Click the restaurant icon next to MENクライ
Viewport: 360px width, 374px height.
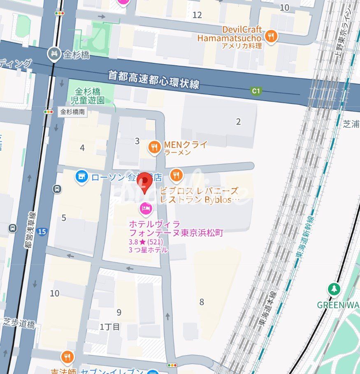pyautogui.click(x=154, y=147)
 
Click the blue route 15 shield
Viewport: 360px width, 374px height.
pyautogui.click(x=42, y=232)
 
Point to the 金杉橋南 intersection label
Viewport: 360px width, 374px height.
pyautogui.click(x=72, y=111)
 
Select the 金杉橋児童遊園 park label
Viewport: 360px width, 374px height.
pyautogui.click(x=87, y=96)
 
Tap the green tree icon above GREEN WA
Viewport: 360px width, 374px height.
pyautogui.click(x=334, y=290)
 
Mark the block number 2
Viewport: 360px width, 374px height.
pyautogui.click(x=238, y=122)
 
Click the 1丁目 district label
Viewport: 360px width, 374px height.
pyautogui.click(x=110, y=327)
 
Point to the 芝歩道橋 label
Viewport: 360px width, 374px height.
pyautogui.click(x=19, y=323)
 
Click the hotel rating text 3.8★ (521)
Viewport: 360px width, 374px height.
pyautogui.click(x=145, y=242)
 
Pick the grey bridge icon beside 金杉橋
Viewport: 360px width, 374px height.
pyautogui.click(x=54, y=54)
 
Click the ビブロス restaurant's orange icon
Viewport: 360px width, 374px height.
pyautogui.click(x=176, y=175)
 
